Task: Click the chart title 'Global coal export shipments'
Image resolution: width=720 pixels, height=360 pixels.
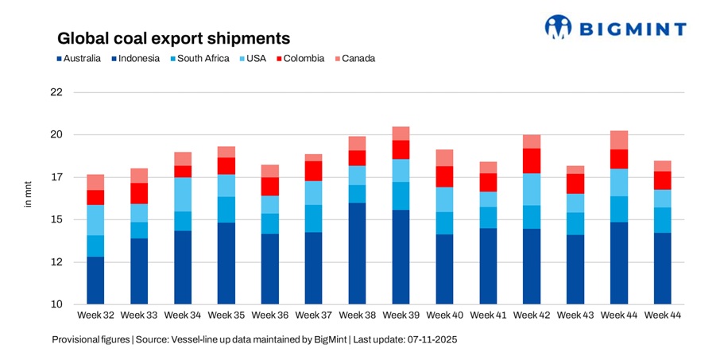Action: (172, 38)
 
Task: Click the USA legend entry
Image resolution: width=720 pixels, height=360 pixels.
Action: (252, 58)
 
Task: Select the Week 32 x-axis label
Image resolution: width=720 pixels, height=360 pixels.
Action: (96, 315)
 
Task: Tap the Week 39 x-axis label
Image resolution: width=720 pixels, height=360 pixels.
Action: (401, 315)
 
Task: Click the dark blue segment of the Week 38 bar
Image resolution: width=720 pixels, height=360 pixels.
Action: (357, 254)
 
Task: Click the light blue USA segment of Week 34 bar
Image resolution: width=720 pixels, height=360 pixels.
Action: (183, 194)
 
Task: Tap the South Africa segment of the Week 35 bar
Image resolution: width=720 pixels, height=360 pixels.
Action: (226, 209)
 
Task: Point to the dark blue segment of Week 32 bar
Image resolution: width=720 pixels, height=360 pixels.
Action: (96, 281)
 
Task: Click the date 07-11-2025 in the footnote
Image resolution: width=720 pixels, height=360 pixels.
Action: (432, 339)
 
